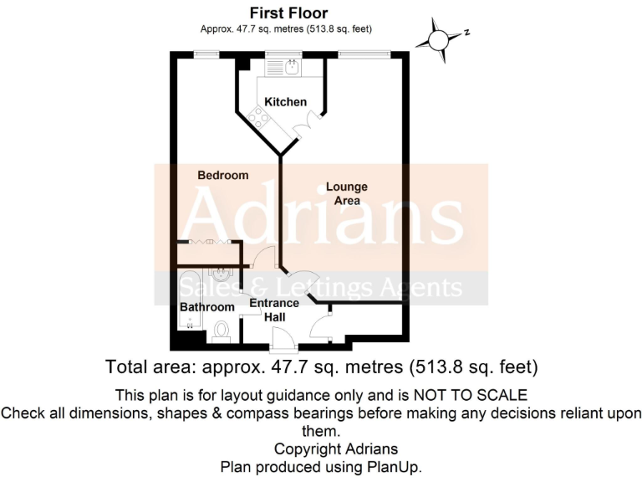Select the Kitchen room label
pos(285,102)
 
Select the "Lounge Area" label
pos(346,193)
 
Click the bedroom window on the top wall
pos(206,54)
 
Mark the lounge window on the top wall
pos(364,54)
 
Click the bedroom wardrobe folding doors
pos(206,242)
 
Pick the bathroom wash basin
pos(222,274)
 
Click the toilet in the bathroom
pos(222,332)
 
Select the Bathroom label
pos(207,307)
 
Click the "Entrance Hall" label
pos(274,311)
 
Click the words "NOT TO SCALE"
pos(480,394)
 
